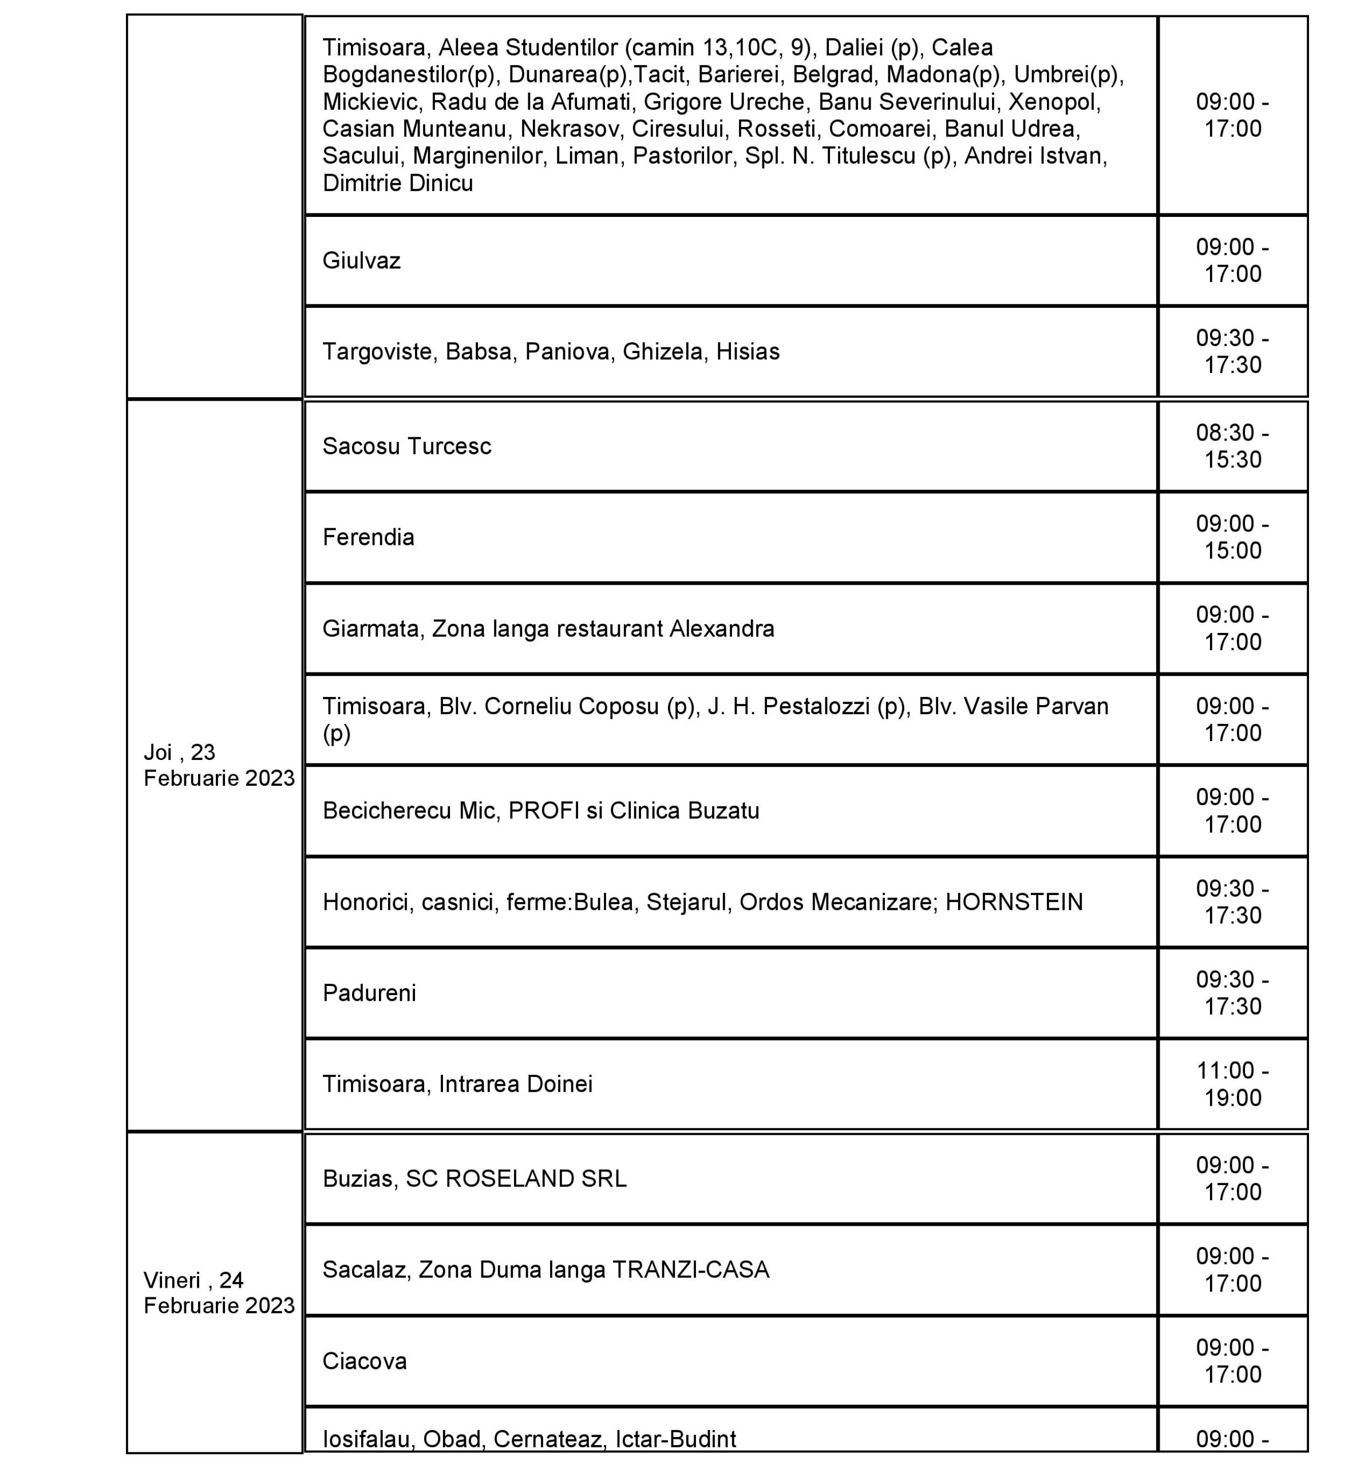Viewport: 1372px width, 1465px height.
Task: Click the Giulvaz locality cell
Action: coord(361,261)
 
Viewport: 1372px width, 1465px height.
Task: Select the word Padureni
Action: coord(369,993)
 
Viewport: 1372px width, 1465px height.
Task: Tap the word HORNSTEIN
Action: coord(1014,902)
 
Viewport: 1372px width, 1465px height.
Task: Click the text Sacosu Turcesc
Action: coord(406,446)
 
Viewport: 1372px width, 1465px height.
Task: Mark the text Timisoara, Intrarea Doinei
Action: coord(457,1084)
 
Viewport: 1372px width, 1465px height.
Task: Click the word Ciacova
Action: coord(364,1360)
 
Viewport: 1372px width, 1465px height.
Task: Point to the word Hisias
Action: coord(748,351)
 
